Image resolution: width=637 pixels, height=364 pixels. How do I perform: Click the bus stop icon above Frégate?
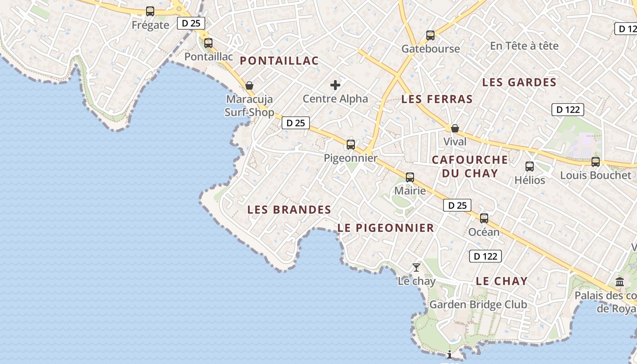click(x=150, y=11)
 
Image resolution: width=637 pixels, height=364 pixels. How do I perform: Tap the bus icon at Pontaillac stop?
click(x=208, y=43)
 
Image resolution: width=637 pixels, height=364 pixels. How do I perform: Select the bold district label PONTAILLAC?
click(x=279, y=61)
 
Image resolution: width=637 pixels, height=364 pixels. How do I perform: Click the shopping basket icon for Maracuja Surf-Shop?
click(x=249, y=86)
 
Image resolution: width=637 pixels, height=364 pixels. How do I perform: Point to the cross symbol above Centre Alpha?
click(x=335, y=85)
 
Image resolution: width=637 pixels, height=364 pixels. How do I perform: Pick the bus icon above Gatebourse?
click(x=430, y=35)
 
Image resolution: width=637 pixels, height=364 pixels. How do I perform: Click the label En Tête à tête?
click(x=524, y=46)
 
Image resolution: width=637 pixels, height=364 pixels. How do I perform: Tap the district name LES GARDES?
click(x=519, y=82)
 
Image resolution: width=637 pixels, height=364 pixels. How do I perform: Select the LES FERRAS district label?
click(x=437, y=99)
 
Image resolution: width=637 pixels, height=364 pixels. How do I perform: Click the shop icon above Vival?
click(x=455, y=128)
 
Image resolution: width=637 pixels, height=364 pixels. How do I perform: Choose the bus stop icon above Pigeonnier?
click(x=351, y=145)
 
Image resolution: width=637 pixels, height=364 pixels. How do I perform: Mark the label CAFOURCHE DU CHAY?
click(x=470, y=166)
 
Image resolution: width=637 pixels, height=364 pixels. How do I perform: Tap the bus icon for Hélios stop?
click(x=530, y=167)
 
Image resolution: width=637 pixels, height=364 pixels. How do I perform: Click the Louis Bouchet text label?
click(x=596, y=175)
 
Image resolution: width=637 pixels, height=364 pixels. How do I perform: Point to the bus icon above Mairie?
click(x=410, y=177)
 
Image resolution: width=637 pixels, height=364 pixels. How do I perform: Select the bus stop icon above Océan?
click(x=484, y=218)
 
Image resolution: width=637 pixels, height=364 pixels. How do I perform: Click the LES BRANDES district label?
click(x=289, y=210)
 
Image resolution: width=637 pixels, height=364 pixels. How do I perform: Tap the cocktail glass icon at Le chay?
click(x=416, y=268)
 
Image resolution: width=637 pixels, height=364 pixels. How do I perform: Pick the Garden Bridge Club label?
click(x=478, y=305)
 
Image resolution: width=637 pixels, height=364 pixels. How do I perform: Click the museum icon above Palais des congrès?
click(x=620, y=282)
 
